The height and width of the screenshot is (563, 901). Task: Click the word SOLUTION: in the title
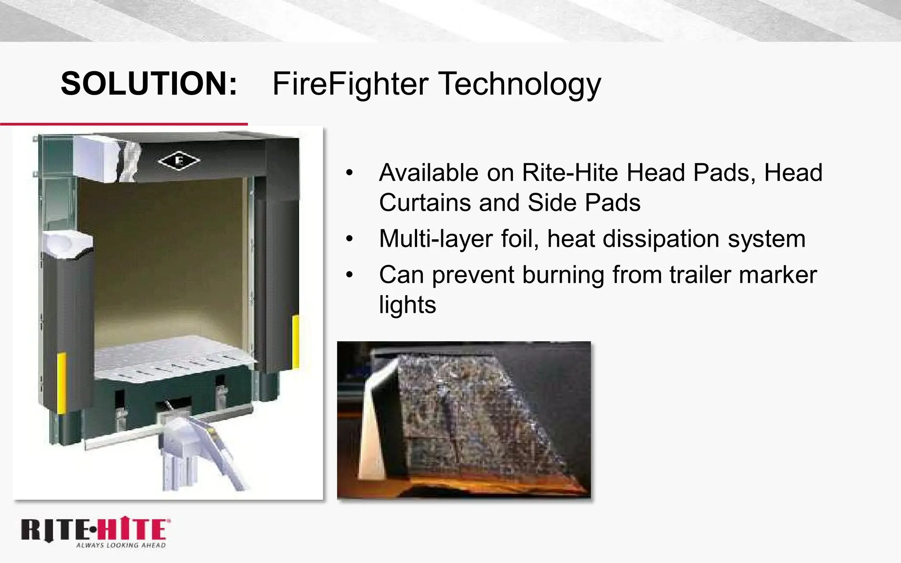(x=149, y=84)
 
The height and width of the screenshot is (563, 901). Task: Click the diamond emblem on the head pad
(x=179, y=161)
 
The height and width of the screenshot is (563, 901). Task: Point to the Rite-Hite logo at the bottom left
(x=95, y=530)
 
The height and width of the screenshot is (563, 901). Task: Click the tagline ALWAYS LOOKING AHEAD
(x=121, y=545)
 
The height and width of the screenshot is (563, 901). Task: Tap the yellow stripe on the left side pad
(x=62, y=383)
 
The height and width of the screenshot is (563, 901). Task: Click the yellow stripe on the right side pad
(x=296, y=341)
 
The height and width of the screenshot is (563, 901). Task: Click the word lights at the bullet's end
(x=407, y=305)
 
